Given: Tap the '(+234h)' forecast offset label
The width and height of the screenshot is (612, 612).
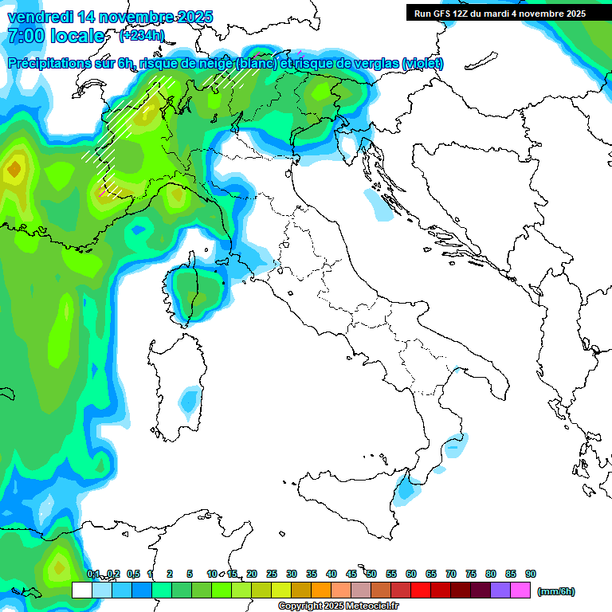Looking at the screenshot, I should click(141, 36).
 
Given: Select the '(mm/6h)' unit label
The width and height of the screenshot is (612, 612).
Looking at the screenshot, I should click(555, 591).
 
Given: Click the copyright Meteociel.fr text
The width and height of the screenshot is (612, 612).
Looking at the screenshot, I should click(338, 606).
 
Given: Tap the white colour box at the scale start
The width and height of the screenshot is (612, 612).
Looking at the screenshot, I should click(81, 590).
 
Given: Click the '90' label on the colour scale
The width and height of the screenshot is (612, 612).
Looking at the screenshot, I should click(531, 574).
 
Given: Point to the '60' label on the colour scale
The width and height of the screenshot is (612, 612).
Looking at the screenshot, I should click(411, 574).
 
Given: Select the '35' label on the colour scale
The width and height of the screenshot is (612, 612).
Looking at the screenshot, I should click(312, 574).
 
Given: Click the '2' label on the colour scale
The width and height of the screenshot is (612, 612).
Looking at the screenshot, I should click(170, 574).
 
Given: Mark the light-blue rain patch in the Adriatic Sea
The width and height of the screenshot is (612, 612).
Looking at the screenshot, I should click(378, 204).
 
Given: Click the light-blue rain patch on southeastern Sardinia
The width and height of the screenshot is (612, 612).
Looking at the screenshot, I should click(190, 399).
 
